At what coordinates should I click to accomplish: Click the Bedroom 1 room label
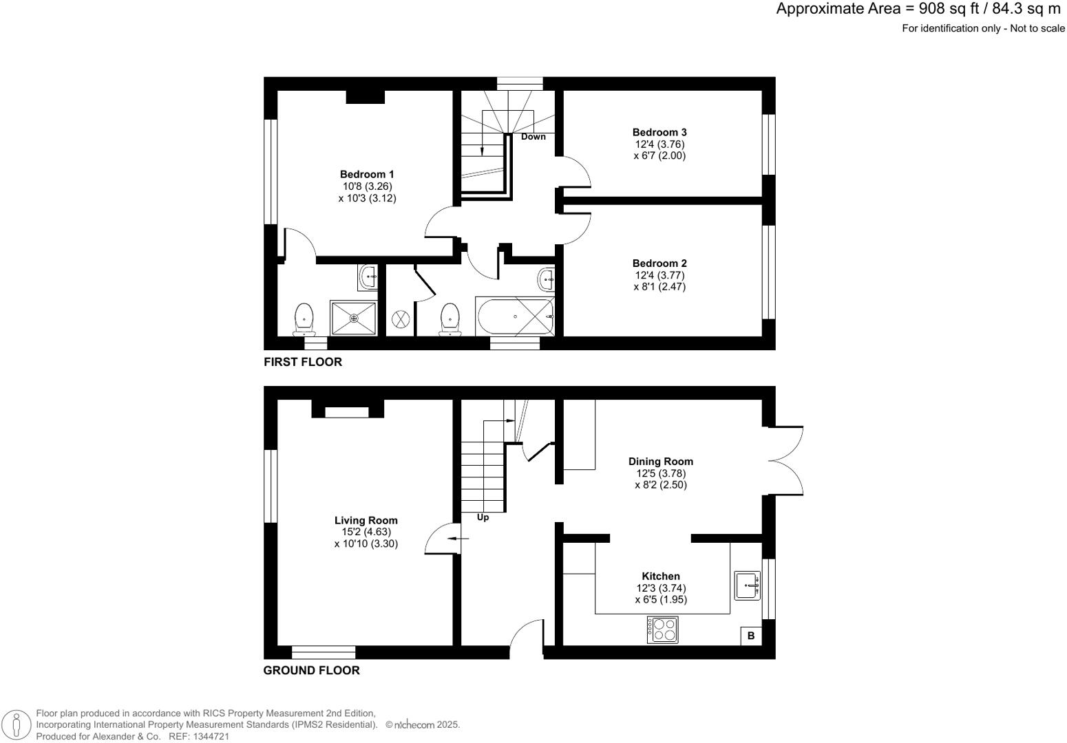pyautogui.click(x=367, y=175)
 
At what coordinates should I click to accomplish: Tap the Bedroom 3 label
pyautogui.click(x=659, y=132)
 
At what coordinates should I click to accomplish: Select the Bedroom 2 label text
pyautogui.click(x=659, y=263)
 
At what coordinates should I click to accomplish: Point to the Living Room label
pyautogui.click(x=366, y=521)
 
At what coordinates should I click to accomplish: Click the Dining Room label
pyautogui.click(x=660, y=462)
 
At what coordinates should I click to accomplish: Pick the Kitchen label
pyautogui.click(x=660, y=577)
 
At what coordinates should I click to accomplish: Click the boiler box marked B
pyautogui.click(x=750, y=636)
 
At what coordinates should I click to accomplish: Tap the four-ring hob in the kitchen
pyautogui.click(x=662, y=629)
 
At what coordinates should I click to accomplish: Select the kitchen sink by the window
pyautogui.click(x=747, y=585)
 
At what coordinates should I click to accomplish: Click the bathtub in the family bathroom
pyautogui.click(x=515, y=316)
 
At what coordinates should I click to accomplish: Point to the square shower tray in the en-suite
pyautogui.click(x=354, y=318)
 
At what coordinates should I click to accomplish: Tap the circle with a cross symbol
pyautogui.click(x=401, y=319)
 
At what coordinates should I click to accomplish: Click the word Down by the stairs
pyautogui.click(x=533, y=137)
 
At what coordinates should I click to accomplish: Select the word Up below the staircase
pyautogui.click(x=483, y=517)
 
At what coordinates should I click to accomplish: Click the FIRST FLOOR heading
pyautogui.click(x=303, y=362)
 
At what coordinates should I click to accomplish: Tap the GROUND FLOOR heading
pyautogui.click(x=311, y=670)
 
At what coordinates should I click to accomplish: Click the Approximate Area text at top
pyautogui.click(x=918, y=9)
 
